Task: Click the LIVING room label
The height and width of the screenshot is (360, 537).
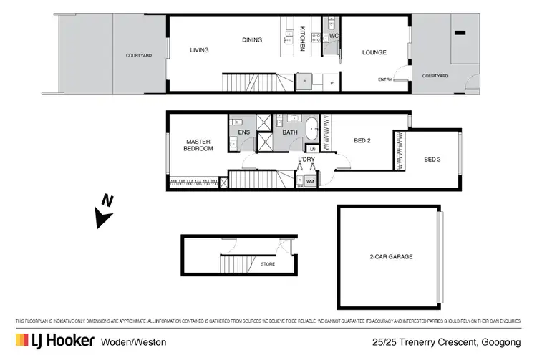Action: (x=199, y=50)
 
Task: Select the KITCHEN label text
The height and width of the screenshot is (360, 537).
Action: (x=303, y=38)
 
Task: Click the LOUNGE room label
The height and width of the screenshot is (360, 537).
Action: (x=374, y=52)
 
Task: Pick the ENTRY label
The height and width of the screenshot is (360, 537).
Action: (x=384, y=80)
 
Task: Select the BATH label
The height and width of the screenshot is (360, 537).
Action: (x=291, y=132)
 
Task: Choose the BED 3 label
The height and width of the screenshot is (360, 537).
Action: (x=432, y=160)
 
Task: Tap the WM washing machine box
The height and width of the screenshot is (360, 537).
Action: (x=310, y=182)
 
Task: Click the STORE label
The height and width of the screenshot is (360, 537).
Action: (x=268, y=264)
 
